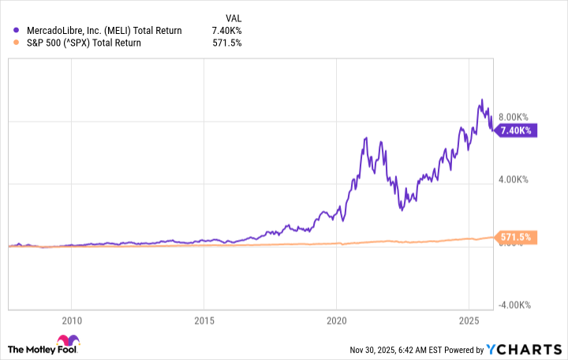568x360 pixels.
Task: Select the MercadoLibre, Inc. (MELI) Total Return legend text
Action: [103, 31]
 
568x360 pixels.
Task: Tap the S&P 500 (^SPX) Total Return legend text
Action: [83, 43]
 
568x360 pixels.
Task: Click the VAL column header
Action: [234, 17]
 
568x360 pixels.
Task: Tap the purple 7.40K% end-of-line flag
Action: [517, 130]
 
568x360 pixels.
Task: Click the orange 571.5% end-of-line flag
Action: [517, 237]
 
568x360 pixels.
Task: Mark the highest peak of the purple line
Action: [482, 100]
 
